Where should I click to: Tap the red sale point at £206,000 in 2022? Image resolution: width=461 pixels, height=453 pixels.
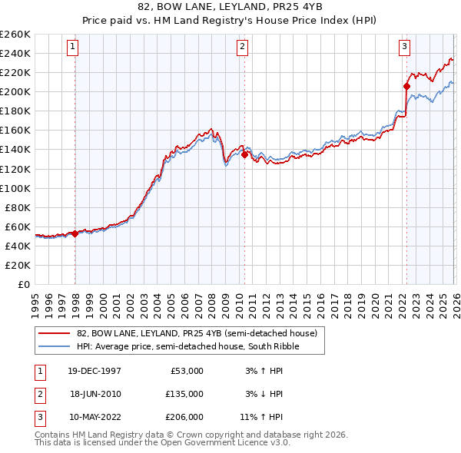tap(406, 86)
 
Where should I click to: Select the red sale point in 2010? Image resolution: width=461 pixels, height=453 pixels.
tap(245, 154)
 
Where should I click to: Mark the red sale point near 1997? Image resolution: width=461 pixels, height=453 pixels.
tap(75, 233)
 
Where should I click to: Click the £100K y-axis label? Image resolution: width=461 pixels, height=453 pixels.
tap(15, 188)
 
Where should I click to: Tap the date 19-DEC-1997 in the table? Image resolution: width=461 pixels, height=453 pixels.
tap(94, 370)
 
